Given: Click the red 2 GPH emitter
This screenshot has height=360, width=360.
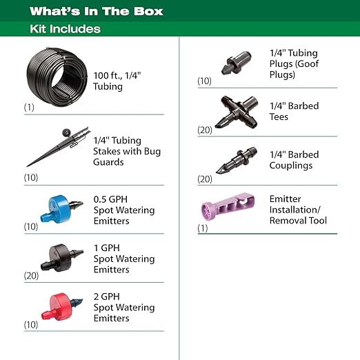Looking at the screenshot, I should pyautogui.click(x=61, y=304).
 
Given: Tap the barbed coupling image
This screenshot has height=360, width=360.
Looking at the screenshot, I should pyautogui.click(x=235, y=160).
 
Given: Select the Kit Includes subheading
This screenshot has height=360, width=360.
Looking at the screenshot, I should pyautogui.click(x=66, y=29).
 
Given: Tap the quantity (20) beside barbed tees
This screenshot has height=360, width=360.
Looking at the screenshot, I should pyautogui.click(x=205, y=129).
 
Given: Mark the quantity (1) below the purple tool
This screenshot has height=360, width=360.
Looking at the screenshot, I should pyautogui.click(x=203, y=228).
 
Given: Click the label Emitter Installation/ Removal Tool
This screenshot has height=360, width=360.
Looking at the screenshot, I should pyautogui.click(x=298, y=210).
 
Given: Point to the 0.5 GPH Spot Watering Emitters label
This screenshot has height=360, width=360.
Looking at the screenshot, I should pyautogui.click(x=124, y=210).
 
